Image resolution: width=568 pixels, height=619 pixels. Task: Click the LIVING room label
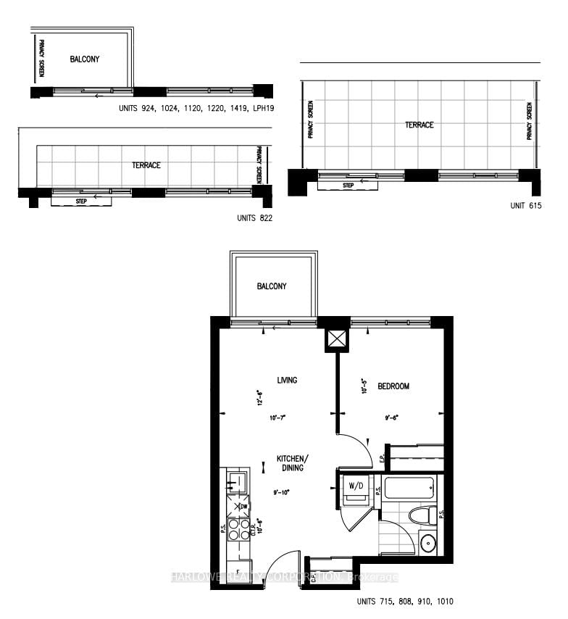[286, 380]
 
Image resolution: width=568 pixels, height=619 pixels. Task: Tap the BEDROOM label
[394, 386]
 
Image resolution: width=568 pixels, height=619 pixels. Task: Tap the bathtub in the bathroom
[411, 487]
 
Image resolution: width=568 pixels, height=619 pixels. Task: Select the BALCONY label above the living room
[272, 286]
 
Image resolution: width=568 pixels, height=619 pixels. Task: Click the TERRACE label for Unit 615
[419, 125]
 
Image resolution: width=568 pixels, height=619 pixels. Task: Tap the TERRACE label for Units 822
[146, 165]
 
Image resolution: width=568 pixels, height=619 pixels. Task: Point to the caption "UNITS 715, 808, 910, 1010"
[405, 602]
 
